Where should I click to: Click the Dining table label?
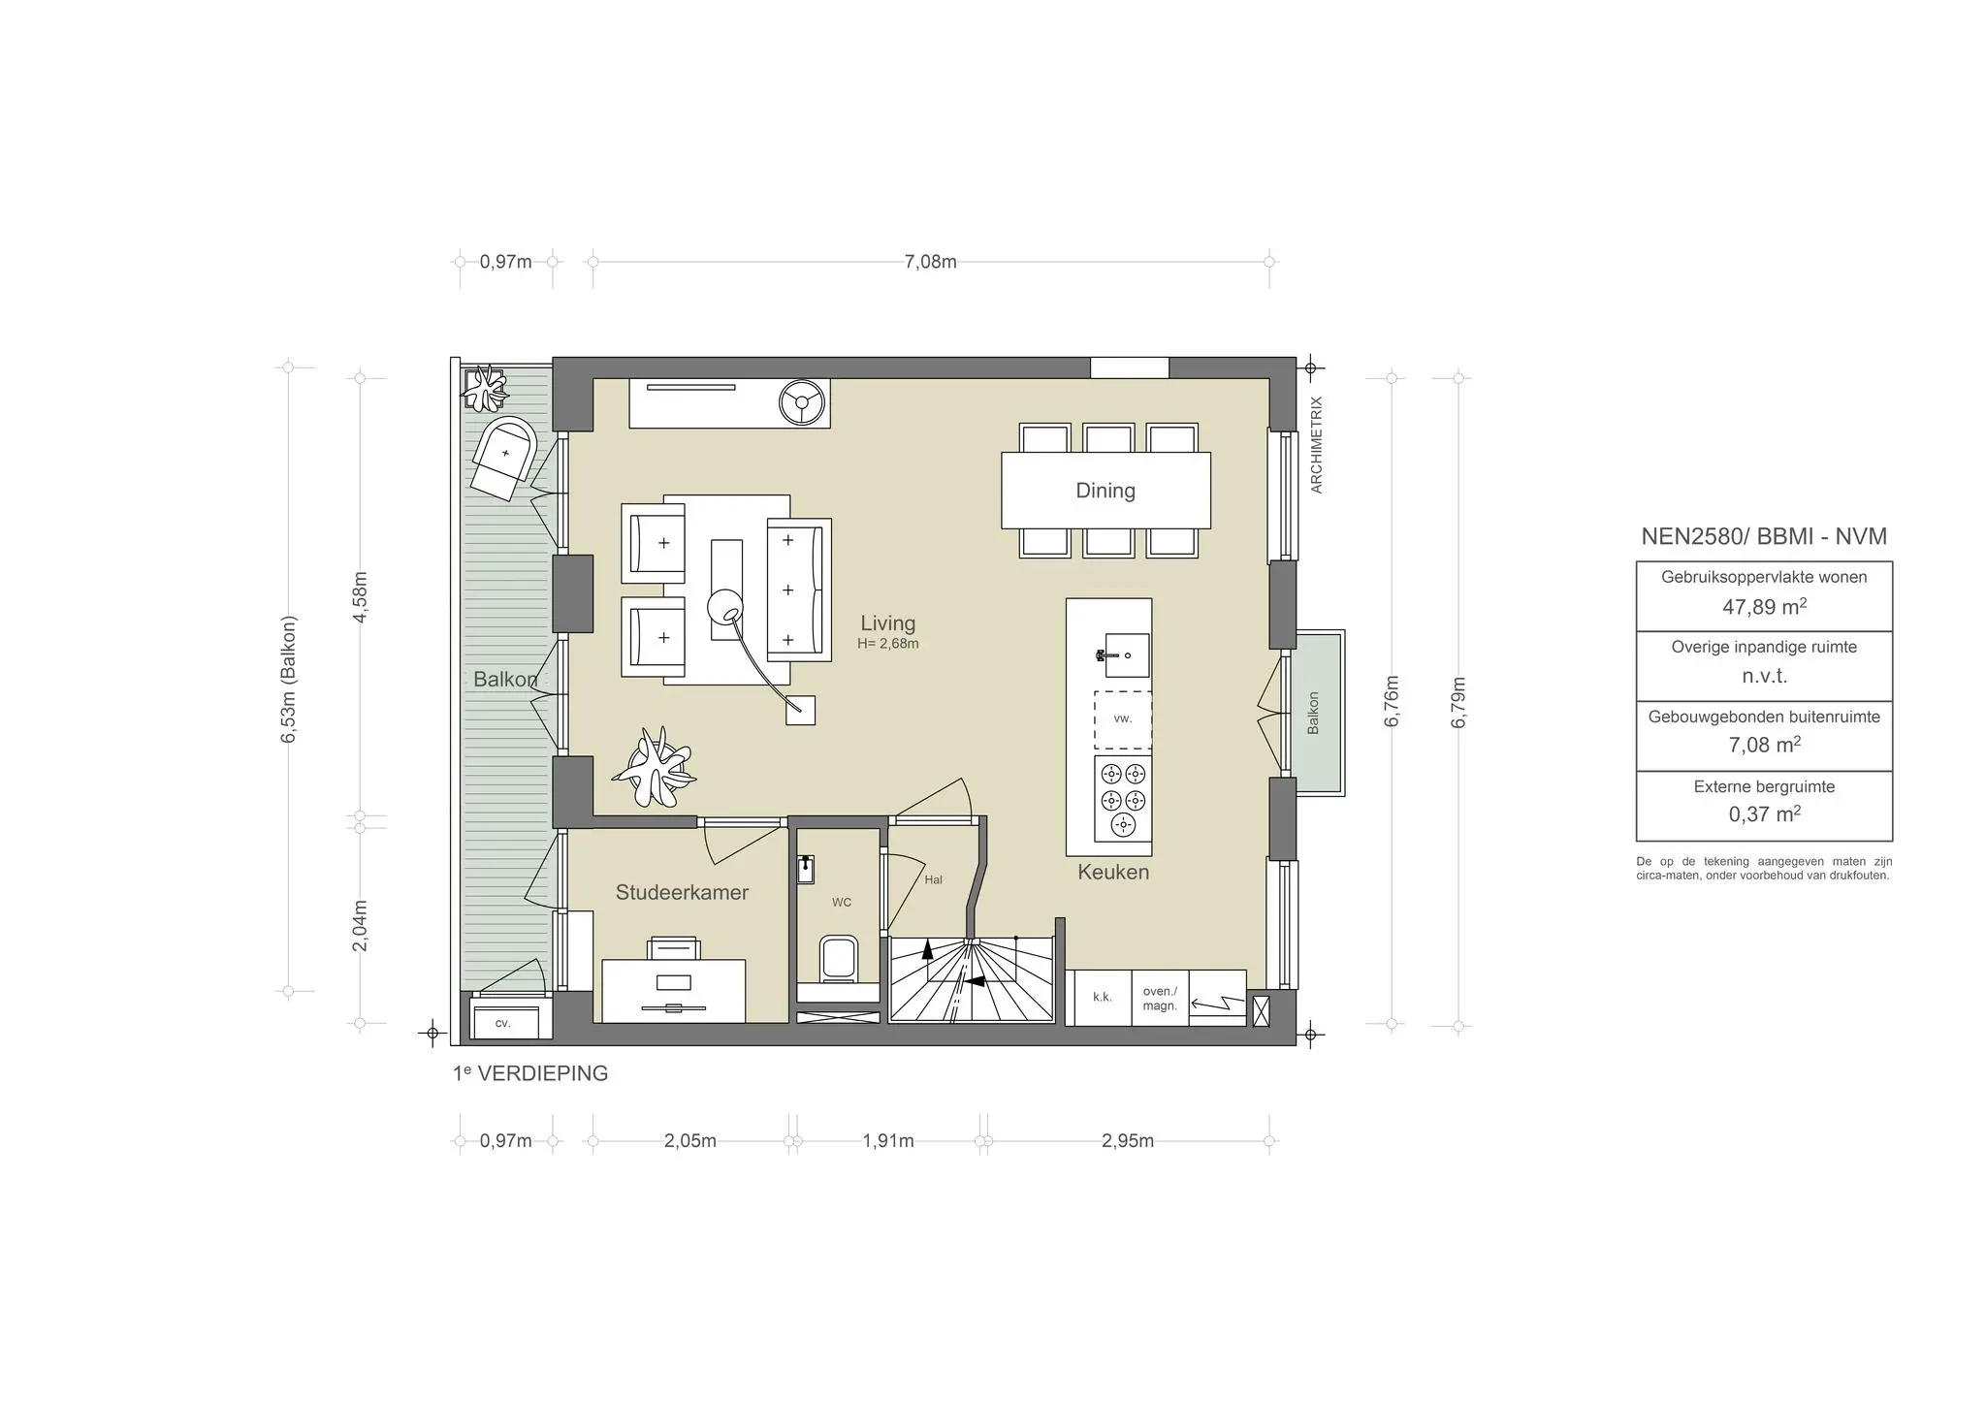click(1105, 491)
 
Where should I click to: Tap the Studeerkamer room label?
click(682, 892)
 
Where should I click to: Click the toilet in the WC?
click(838, 958)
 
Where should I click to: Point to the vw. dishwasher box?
click(1123, 719)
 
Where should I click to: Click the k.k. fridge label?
click(1103, 997)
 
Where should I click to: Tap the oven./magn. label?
click(1160, 999)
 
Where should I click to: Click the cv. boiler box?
click(503, 1022)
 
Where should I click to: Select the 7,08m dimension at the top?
click(931, 262)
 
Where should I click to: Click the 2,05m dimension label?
click(690, 1141)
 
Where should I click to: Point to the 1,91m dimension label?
click(888, 1141)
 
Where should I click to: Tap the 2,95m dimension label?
click(1128, 1141)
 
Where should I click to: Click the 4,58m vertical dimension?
click(360, 596)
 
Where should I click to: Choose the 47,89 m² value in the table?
click(1764, 607)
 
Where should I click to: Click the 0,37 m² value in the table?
click(1764, 814)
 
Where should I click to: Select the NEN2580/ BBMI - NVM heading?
click(1764, 536)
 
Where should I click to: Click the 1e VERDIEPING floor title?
click(530, 1073)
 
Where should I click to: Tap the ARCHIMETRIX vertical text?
click(1316, 445)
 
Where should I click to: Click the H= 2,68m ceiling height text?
click(888, 643)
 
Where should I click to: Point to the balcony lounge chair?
click(504, 459)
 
